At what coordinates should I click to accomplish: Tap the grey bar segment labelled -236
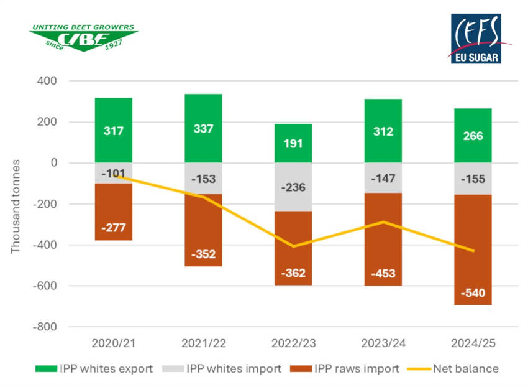293,187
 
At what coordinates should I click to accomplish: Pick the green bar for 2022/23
293,143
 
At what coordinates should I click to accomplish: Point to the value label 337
203,129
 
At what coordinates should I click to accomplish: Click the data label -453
383,274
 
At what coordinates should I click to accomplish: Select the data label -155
473,179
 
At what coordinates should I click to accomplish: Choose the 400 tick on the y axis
47,81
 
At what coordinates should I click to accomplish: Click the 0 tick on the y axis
53,163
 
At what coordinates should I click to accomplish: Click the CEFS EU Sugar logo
475,39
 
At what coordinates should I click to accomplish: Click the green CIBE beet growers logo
84,37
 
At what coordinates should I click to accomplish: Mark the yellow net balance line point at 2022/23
293,246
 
